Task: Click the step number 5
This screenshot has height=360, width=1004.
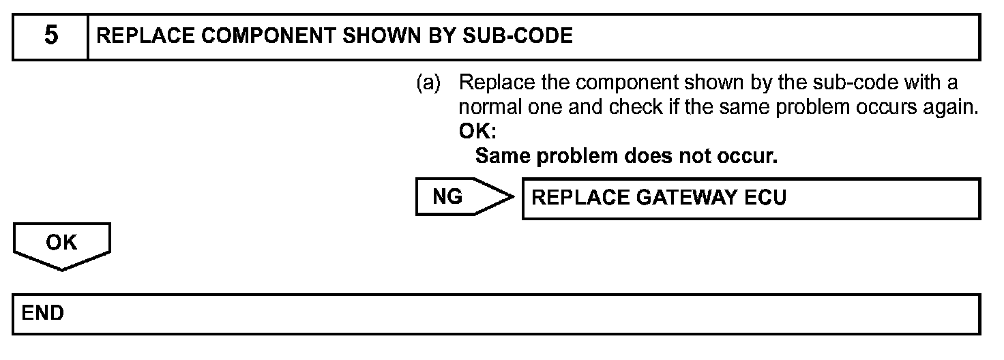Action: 51,36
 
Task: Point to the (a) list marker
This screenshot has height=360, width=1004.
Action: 428,83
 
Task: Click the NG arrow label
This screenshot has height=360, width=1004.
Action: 448,197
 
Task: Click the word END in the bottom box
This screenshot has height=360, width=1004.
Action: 43,313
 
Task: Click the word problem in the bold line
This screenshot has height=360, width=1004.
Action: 578,156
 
